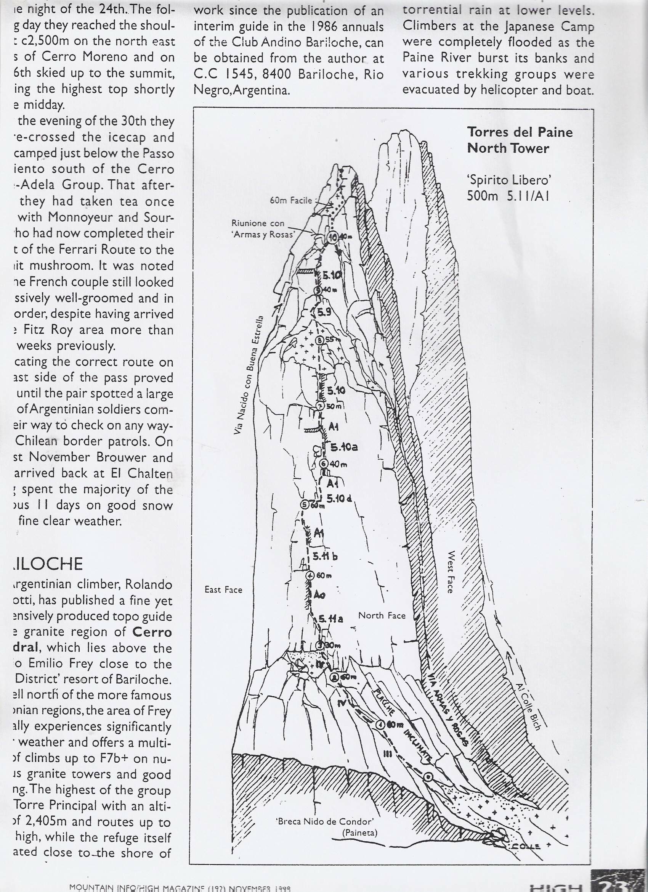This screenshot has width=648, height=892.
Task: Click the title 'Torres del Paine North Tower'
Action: point(520,140)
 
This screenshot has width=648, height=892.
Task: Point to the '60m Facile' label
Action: point(291,201)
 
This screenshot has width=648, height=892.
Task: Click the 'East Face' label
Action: point(223,589)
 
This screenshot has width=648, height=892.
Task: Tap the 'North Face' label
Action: point(382,615)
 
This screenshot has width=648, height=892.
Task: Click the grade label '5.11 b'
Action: point(326,557)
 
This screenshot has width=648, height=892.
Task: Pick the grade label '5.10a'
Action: point(344,447)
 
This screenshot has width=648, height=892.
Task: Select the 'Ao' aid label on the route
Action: point(320,596)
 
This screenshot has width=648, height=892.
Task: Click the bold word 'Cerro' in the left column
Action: point(152,632)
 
